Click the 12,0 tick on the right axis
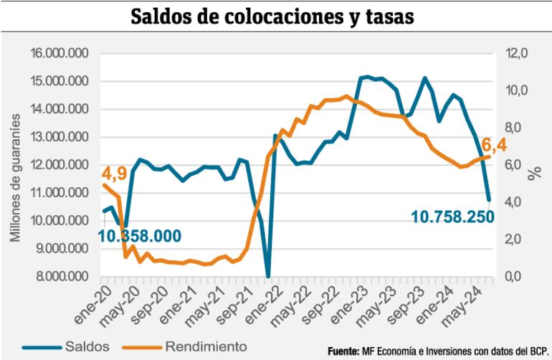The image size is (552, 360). pyautogui.click(x=514, y=54)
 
